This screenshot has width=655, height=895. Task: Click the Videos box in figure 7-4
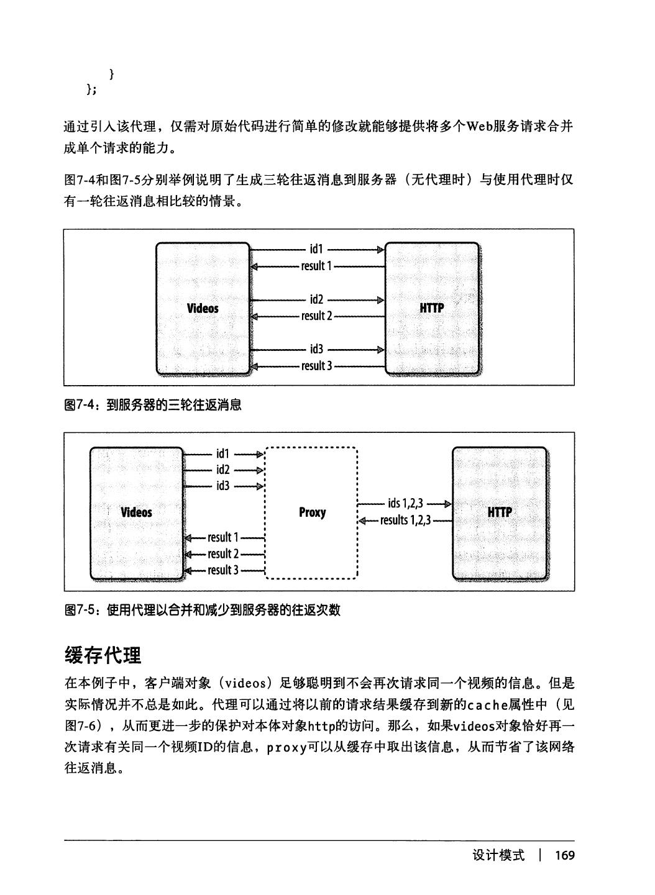click(203, 309)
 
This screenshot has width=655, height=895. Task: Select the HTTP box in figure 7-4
click(432, 309)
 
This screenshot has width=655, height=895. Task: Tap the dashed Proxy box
click(312, 512)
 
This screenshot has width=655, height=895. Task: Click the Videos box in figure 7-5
click(137, 512)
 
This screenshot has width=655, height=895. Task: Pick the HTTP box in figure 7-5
click(500, 512)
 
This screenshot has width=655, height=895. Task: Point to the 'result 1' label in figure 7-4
click(316, 266)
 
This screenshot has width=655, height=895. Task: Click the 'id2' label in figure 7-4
click(316, 300)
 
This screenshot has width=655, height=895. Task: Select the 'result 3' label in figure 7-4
click(316, 366)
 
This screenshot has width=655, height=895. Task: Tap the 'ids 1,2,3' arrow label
click(405, 504)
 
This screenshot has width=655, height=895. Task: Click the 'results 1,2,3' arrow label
click(405, 520)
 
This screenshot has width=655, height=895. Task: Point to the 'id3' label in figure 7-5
click(223, 486)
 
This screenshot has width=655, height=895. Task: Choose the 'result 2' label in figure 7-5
click(223, 553)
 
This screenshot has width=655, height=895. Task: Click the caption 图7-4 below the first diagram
click(153, 406)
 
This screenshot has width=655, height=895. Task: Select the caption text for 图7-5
click(203, 610)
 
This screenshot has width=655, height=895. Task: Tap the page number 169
click(565, 856)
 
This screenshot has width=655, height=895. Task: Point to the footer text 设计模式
click(498, 856)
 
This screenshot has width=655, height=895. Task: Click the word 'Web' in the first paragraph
click(480, 127)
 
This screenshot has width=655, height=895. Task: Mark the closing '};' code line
click(91, 90)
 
